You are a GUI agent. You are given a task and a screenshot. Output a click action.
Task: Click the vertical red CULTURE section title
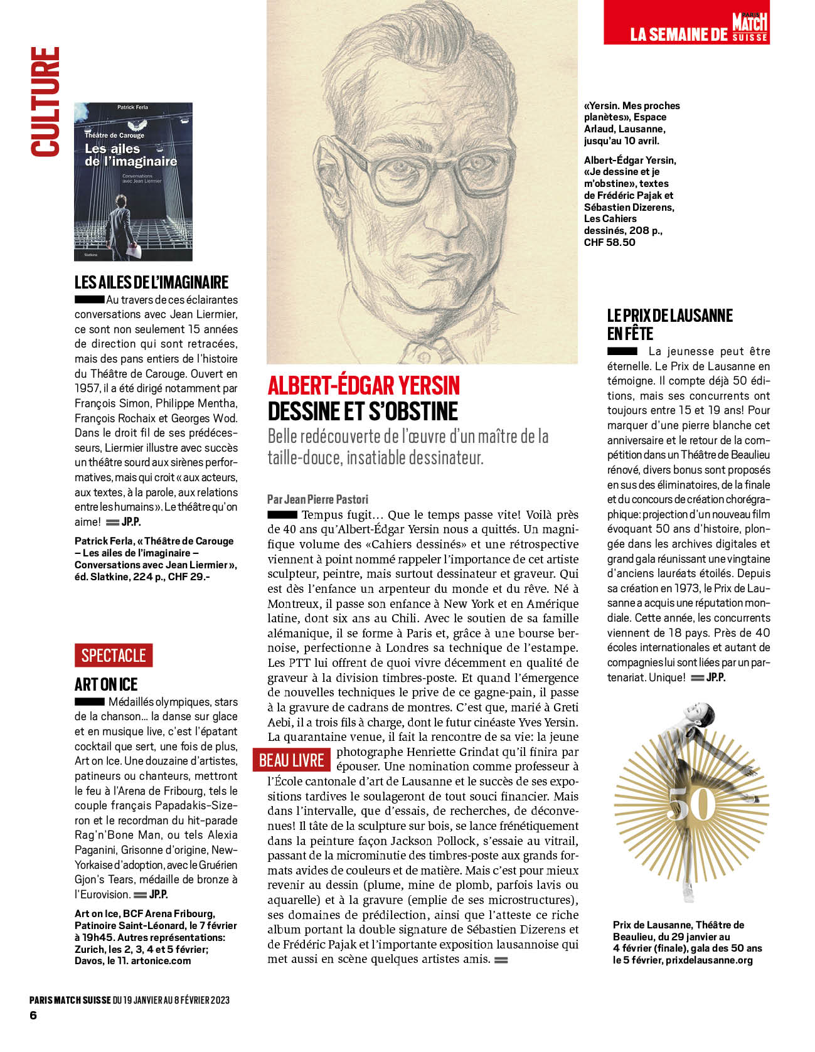(x=45, y=102)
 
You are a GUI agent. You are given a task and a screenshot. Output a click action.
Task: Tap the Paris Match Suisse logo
(x=750, y=27)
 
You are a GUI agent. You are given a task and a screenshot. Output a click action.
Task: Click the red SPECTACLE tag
(x=114, y=656)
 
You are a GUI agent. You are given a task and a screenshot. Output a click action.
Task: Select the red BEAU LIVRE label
(x=291, y=760)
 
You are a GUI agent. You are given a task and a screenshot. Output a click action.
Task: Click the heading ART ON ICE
(x=106, y=684)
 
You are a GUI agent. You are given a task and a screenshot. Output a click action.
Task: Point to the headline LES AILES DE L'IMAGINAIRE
(x=151, y=282)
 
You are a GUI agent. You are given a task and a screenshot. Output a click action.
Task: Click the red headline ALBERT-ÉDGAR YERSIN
(x=364, y=385)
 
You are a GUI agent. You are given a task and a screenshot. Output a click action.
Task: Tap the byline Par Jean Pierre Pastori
(x=317, y=499)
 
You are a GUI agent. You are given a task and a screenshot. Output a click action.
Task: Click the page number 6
(x=33, y=1015)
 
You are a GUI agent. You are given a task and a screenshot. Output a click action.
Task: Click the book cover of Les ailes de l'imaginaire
(x=134, y=182)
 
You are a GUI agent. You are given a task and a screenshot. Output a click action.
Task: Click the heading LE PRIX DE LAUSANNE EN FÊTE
(x=669, y=324)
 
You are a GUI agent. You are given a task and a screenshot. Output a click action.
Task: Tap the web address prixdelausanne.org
(x=709, y=960)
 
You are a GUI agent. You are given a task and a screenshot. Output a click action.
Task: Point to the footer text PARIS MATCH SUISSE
(x=70, y=1000)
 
